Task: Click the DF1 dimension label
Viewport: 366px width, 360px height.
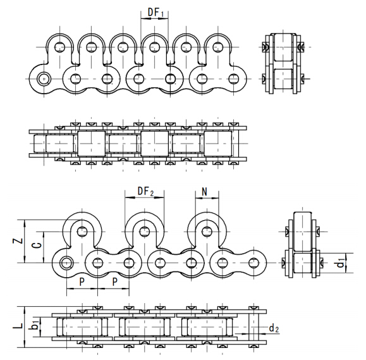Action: tap(156, 13)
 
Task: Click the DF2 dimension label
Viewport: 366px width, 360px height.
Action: tap(145, 192)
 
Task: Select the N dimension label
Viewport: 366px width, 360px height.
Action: tap(204, 192)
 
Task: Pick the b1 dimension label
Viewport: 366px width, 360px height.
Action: tap(35, 325)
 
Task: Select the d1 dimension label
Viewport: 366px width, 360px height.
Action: tap(342, 263)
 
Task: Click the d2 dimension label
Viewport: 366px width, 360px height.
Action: tap(274, 328)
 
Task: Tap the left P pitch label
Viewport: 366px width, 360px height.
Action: tap(82, 282)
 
